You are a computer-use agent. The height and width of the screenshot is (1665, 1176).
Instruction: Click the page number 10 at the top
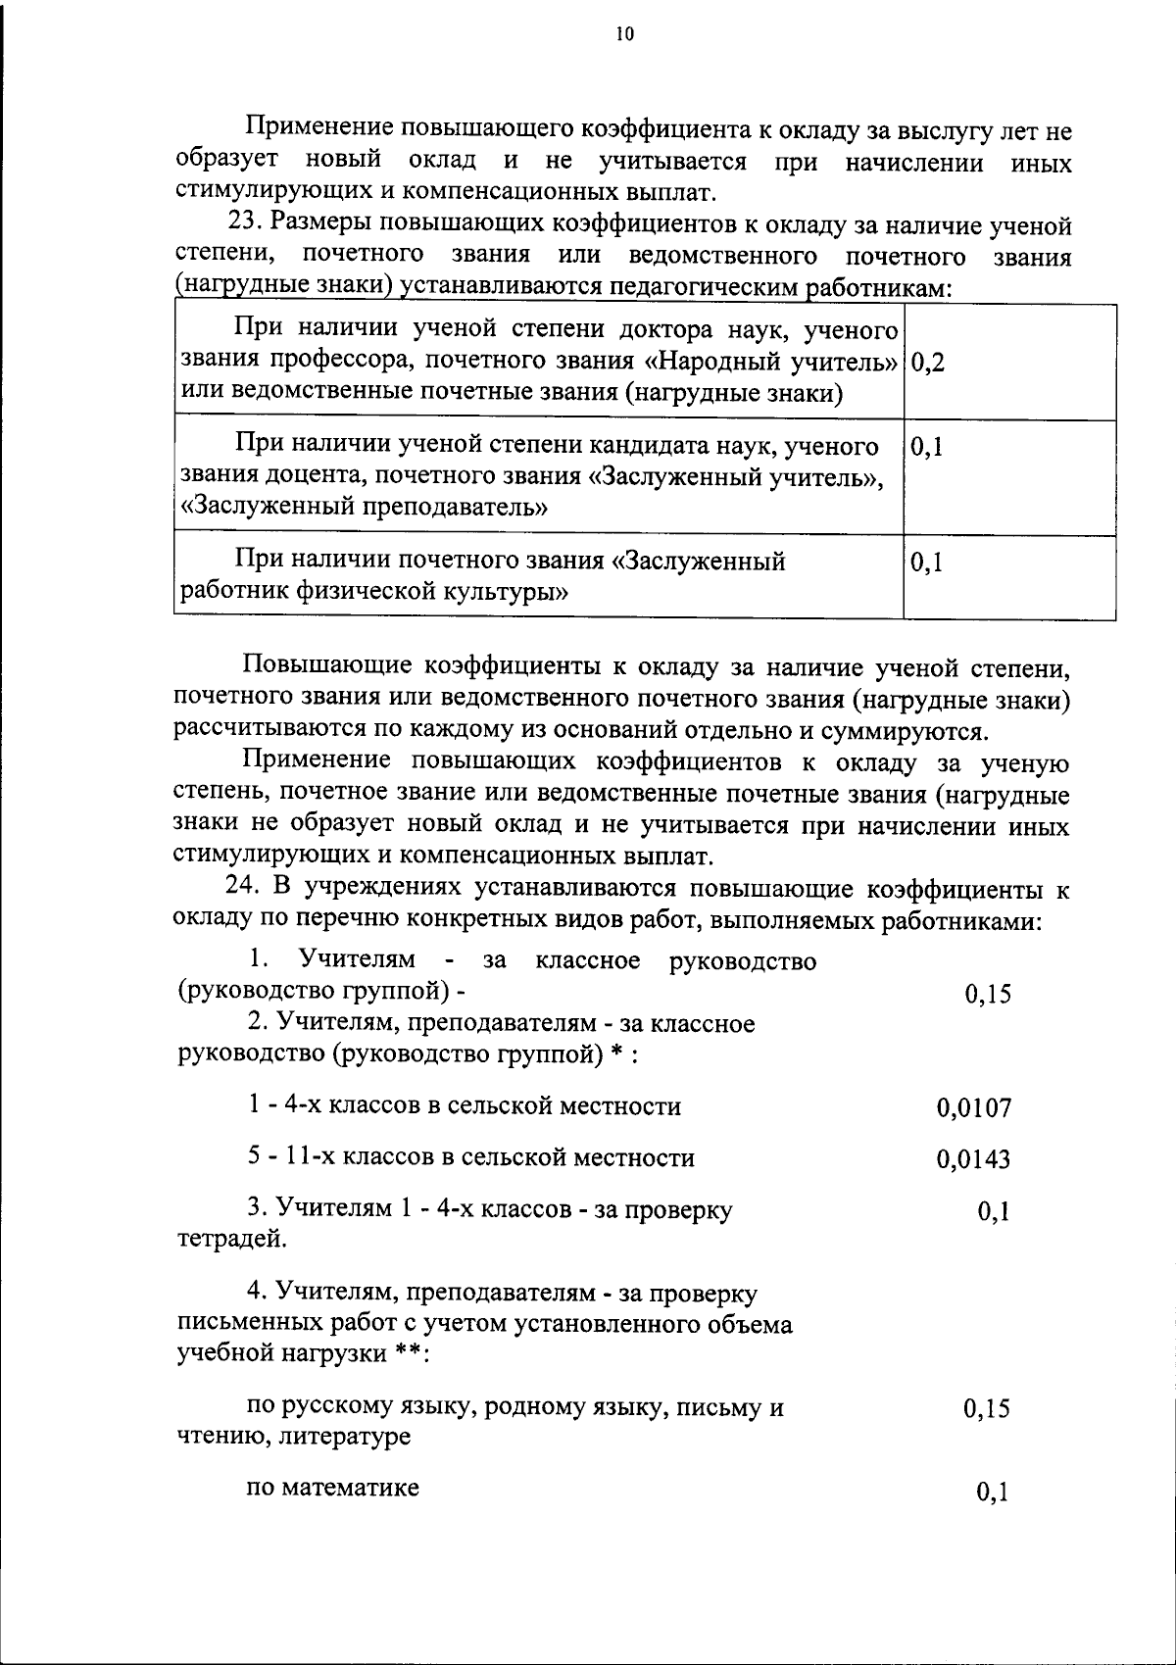(625, 35)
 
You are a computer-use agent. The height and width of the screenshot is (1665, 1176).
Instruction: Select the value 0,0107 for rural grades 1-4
(973, 1108)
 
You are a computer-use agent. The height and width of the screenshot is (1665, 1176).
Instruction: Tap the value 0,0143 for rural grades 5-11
(973, 1160)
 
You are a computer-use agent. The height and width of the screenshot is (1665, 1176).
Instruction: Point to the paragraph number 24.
(242, 889)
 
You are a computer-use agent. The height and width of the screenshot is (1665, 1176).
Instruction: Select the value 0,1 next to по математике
(993, 1493)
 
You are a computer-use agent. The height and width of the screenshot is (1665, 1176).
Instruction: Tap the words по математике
(333, 1488)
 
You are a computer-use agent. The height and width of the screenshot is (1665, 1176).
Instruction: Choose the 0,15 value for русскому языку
(987, 1409)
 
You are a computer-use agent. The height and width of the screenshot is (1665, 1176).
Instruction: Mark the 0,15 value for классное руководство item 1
(987, 995)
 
